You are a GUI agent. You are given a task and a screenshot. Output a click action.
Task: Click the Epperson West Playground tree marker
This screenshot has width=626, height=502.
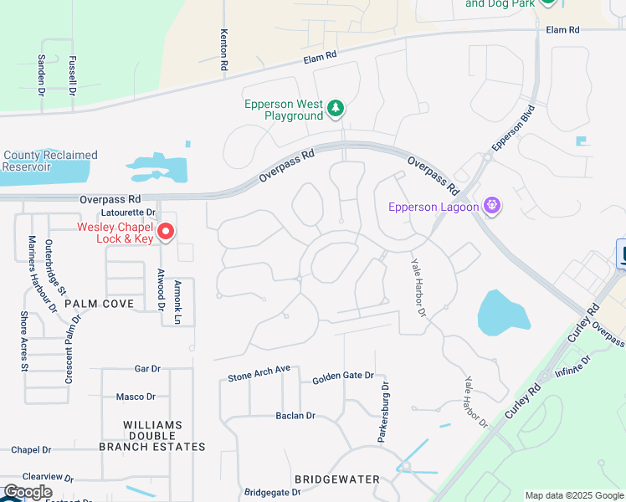[x=336, y=108]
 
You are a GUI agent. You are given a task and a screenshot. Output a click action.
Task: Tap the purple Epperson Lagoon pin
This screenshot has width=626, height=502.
[x=492, y=205]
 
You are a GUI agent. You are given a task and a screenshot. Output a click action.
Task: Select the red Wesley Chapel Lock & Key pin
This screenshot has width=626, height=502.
[x=167, y=232]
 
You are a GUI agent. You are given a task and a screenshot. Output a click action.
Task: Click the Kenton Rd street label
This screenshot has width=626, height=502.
[x=223, y=49]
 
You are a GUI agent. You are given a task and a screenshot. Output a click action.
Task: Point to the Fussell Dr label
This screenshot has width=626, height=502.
[x=73, y=74]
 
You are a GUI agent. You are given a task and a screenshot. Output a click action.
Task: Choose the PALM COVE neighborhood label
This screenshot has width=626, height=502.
[x=99, y=303]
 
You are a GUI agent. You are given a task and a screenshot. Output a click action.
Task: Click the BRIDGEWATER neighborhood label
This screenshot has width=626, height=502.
[x=337, y=479]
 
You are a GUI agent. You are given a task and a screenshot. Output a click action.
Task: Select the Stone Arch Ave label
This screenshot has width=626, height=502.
[x=259, y=373]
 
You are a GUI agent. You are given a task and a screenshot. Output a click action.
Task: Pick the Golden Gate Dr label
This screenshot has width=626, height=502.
[x=343, y=376]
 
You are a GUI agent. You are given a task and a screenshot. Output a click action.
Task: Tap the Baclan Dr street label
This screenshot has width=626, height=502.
[x=295, y=415]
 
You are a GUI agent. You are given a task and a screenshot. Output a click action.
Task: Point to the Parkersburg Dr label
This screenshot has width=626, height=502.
[x=384, y=412]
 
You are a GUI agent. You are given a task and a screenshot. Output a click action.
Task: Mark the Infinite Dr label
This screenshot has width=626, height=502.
[x=572, y=366]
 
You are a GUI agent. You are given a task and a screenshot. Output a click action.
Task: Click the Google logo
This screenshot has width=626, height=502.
[x=27, y=492]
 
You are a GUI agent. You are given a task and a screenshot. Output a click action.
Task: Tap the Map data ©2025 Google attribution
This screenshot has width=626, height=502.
[x=574, y=495]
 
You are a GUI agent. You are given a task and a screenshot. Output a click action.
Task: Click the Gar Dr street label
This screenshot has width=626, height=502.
[x=146, y=369]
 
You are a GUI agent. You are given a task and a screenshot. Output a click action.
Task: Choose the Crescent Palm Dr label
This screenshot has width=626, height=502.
[x=72, y=349]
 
